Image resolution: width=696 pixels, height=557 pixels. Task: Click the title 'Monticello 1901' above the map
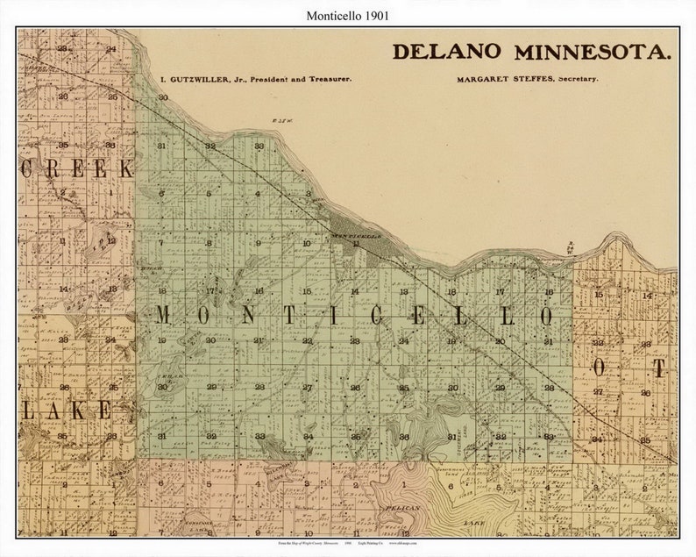click(348, 15)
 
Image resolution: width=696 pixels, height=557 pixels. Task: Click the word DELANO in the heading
click(448, 51)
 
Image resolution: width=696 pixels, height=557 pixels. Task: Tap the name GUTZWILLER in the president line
click(199, 79)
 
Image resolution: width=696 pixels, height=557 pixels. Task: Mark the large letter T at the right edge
click(659, 367)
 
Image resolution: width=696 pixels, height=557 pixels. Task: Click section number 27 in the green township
click(307, 387)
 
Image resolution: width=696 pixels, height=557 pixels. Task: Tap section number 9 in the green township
click(258, 243)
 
